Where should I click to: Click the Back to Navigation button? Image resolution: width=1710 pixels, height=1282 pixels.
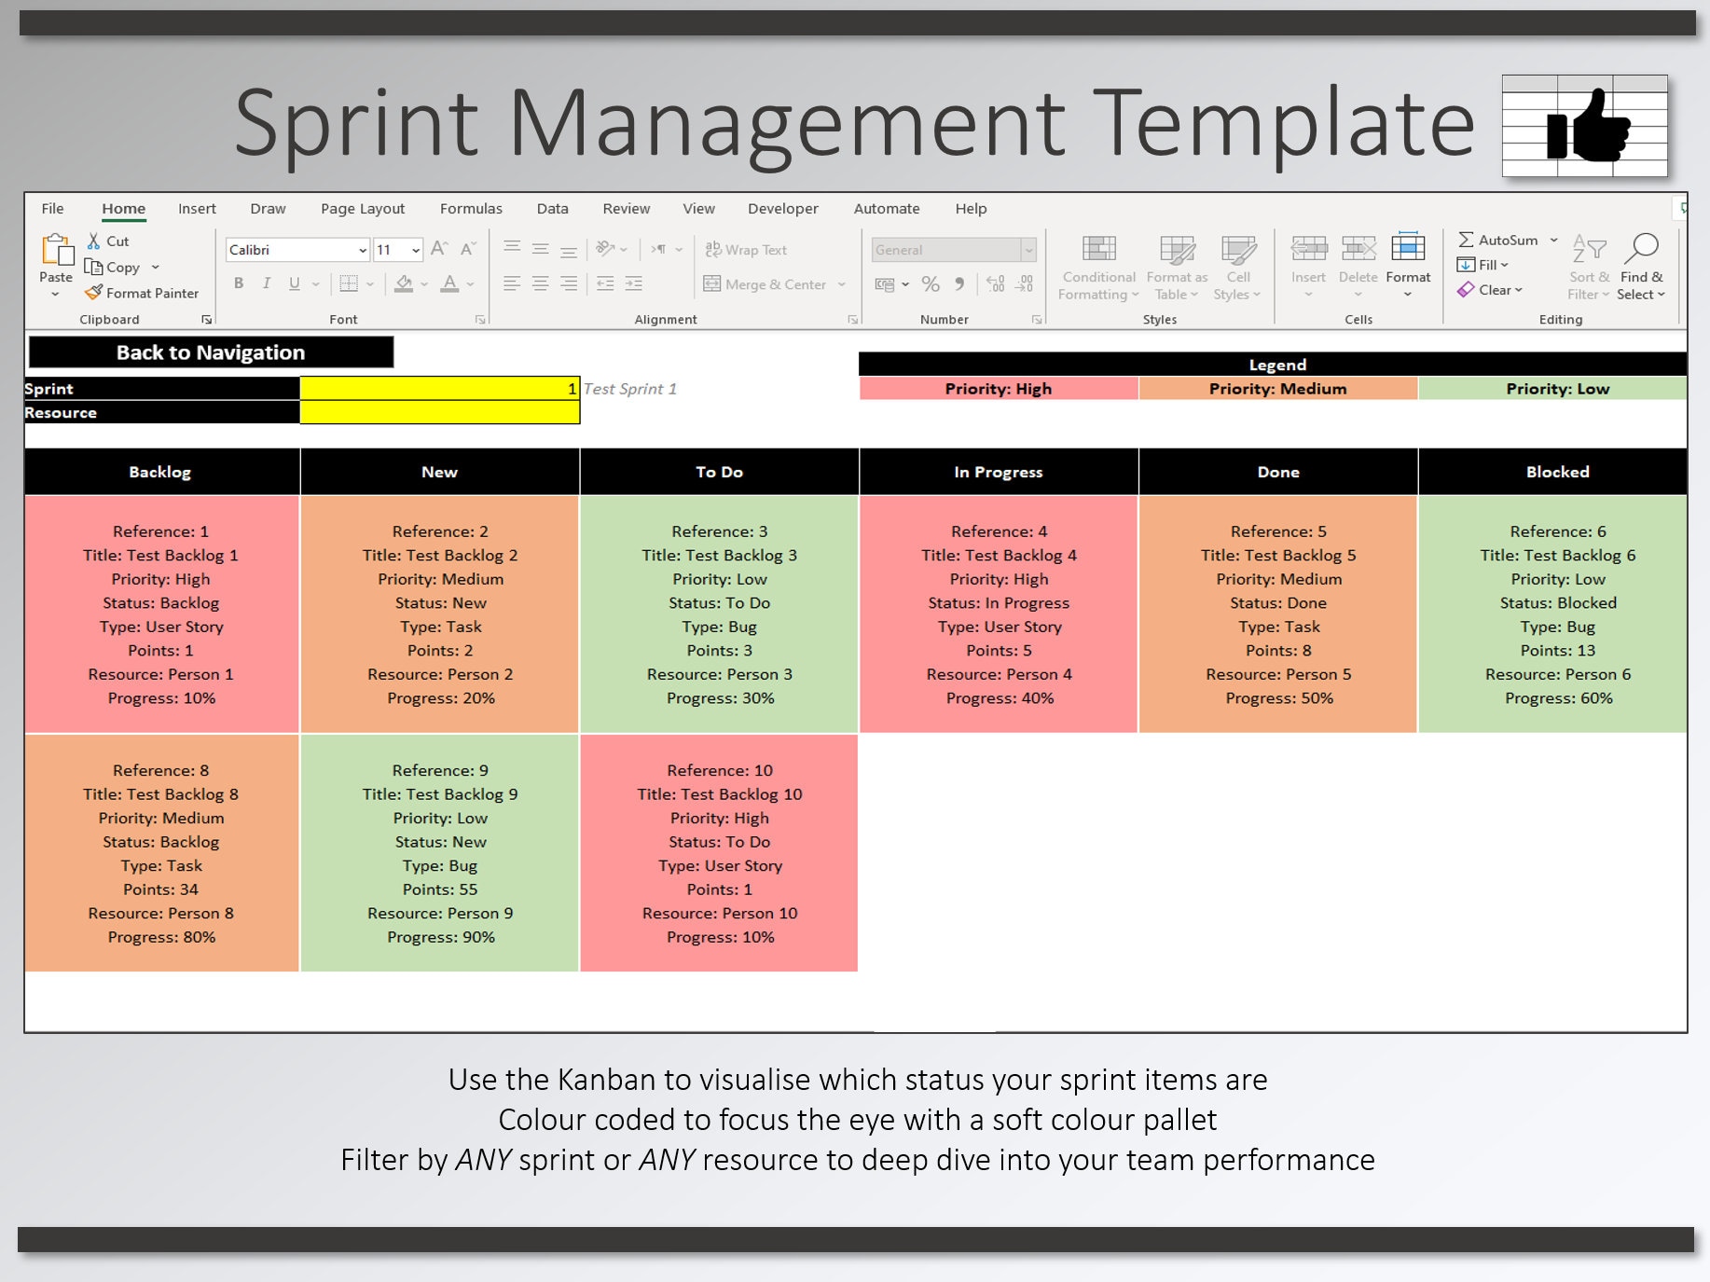(211, 352)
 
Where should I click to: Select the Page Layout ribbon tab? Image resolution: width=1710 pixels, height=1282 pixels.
(363, 209)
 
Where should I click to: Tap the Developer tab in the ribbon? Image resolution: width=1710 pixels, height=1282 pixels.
(782, 209)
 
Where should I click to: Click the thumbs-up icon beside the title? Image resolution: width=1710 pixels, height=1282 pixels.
(1588, 126)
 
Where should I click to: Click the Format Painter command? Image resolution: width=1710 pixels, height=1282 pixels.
(142, 293)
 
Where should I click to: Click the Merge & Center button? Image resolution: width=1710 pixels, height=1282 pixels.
(774, 284)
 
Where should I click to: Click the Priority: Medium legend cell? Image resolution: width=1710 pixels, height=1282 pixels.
(1278, 389)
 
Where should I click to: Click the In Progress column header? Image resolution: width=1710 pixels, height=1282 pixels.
(999, 472)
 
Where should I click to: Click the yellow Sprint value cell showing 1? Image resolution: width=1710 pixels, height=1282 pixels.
(440, 389)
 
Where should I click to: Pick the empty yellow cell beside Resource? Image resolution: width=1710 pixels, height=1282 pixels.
(440, 412)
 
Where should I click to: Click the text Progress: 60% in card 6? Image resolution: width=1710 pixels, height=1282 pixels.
(1558, 698)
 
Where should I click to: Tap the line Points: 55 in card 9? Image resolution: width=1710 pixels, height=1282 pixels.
(440, 889)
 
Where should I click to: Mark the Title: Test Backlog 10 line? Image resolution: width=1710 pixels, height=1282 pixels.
(720, 794)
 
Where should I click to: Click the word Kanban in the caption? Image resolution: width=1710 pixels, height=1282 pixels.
(606, 1080)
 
